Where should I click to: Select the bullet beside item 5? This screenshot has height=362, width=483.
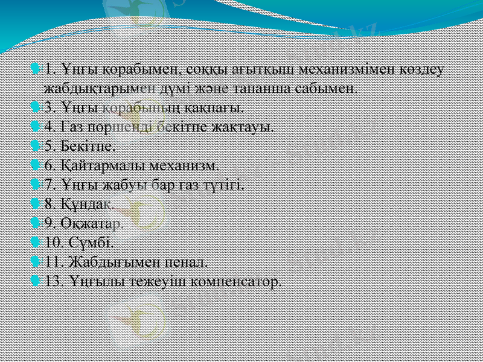tap(36, 145)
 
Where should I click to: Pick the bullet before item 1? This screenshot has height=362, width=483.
tap(36, 68)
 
